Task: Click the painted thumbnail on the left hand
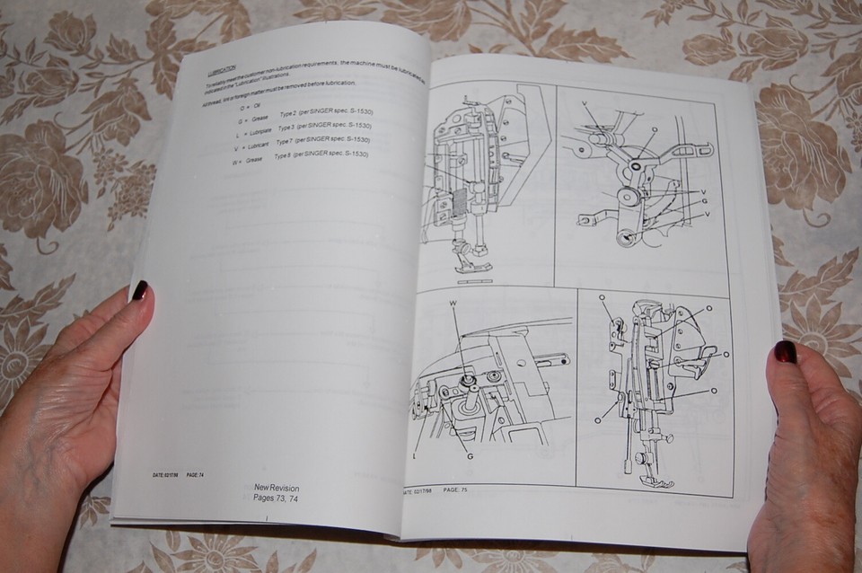[140, 291]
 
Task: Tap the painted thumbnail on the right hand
[785, 352]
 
